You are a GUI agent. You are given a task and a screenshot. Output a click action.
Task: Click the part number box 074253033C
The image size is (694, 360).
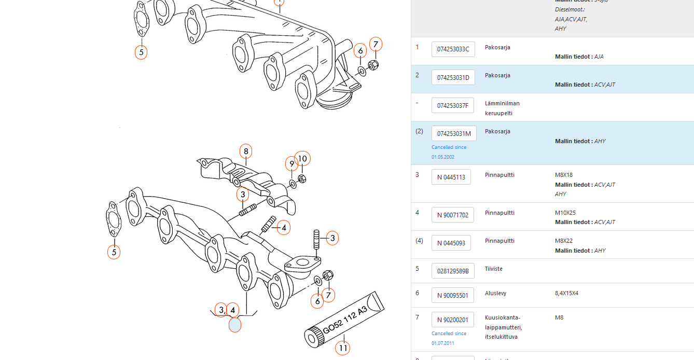pyautogui.click(x=453, y=49)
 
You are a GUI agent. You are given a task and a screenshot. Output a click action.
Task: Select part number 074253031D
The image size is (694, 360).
pyautogui.click(x=453, y=77)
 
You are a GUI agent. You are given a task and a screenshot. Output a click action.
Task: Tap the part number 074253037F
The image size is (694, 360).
pyautogui.click(x=452, y=105)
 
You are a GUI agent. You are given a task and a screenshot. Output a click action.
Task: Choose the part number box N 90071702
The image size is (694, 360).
pyautogui.click(x=452, y=215)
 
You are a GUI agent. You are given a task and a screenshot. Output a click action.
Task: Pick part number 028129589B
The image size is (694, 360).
pyautogui.click(x=452, y=271)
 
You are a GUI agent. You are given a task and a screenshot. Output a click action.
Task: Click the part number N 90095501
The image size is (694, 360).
pyautogui.click(x=452, y=295)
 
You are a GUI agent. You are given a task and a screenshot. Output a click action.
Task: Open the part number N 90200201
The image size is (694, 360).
pyautogui.click(x=452, y=320)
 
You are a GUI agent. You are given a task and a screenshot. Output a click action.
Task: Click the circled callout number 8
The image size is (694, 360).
pyautogui.click(x=246, y=151)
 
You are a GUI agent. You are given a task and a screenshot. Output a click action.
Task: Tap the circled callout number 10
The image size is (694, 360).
pyautogui.click(x=302, y=158)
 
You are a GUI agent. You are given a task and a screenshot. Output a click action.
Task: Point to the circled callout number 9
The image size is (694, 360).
pyautogui.click(x=292, y=164)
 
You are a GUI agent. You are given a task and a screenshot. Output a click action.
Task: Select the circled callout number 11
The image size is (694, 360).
pyautogui.click(x=343, y=348)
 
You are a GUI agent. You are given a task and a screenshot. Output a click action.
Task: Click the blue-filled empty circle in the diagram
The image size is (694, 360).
pyautogui.click(x=234, y=325)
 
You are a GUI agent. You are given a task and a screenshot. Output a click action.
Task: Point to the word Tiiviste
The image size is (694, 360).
pyautogui.click(x=494, y=269)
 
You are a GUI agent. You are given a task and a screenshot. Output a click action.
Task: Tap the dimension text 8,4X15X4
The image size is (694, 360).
pyautogui.click(x=566, y=293)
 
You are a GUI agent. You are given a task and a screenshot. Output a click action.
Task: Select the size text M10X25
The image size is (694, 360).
pyautogui.click(x=565, y=213)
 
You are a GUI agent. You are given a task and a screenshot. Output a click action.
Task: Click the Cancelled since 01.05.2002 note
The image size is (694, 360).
pyautogui.click(x=449, y=152)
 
